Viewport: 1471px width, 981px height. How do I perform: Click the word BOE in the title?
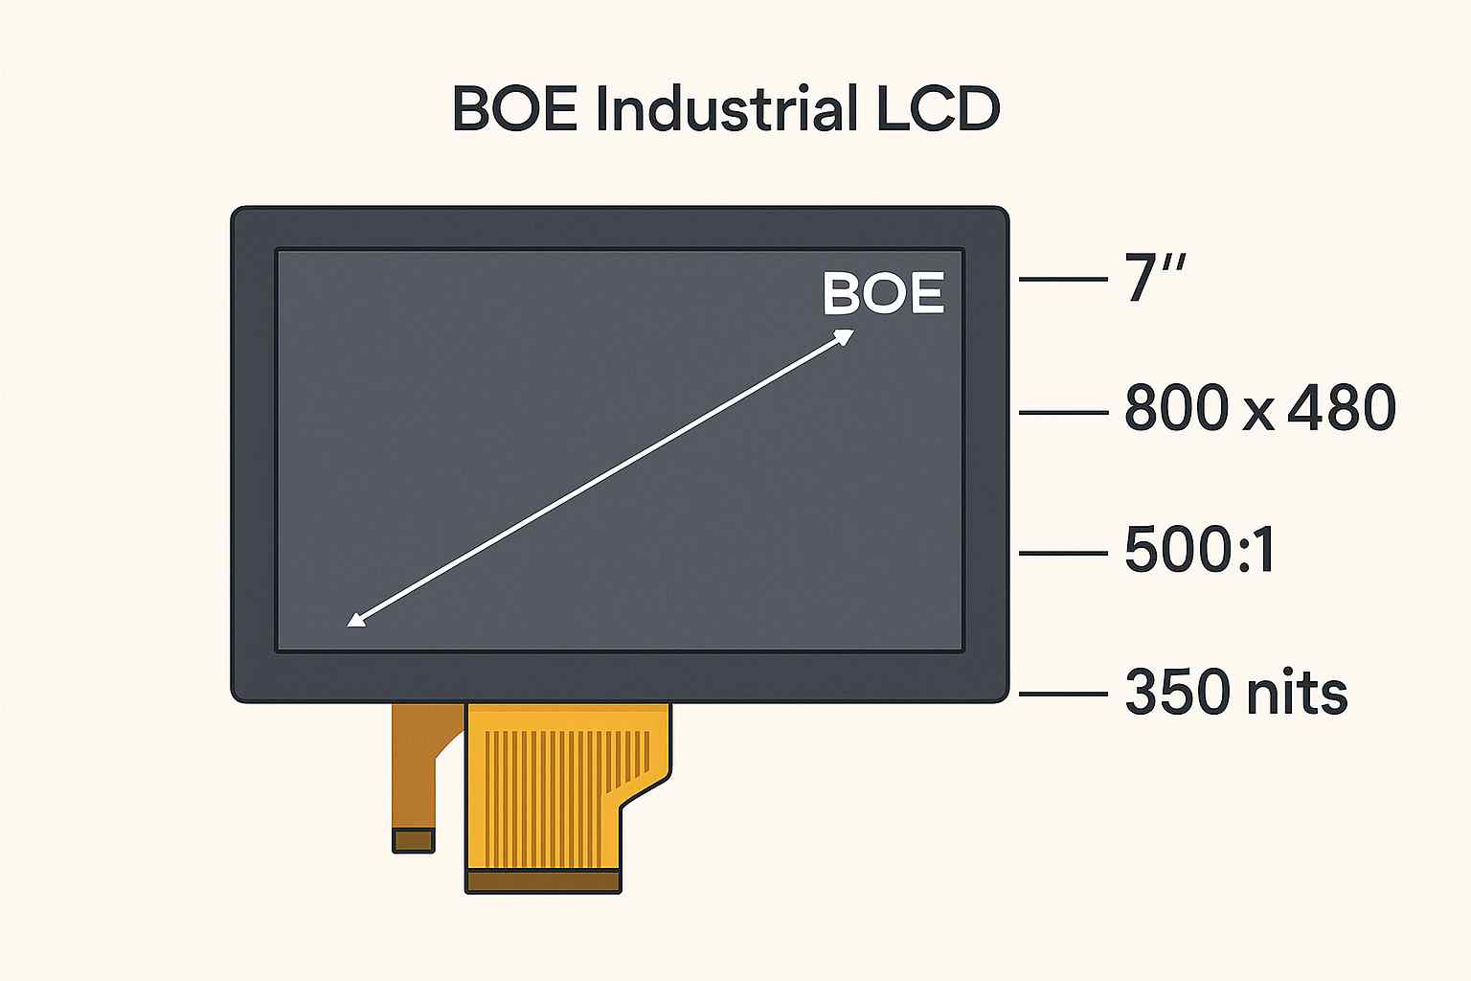click(x=515, y=108)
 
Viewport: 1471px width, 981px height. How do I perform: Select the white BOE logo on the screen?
click(x=883, y=294)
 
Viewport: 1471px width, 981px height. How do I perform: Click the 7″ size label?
click(x=1154, y=277)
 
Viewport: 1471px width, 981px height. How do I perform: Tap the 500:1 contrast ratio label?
click(x=1199, y=549)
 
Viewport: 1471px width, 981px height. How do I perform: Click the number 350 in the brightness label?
click(x=1177, y=692)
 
